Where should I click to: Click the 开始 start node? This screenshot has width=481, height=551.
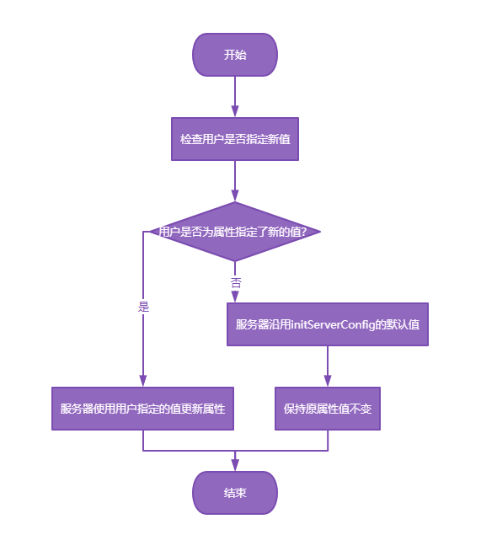(x=235, y=55)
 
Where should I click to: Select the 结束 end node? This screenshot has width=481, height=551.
(x=235, y=493)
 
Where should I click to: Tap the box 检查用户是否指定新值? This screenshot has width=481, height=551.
(x=235, y=139)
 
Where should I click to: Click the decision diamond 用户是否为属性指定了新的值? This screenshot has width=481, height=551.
(x=235, y=232)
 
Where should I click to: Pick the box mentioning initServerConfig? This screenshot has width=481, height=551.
(x=328, y=324)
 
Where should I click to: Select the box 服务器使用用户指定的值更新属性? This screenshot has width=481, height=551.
(x=142, y=409)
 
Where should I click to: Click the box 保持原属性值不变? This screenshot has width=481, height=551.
(x=328, y=409)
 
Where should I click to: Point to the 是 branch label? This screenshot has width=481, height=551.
(x=143, y=307)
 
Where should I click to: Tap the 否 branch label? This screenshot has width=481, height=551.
(x=236, y=283)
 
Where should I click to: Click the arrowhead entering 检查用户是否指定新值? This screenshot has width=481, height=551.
(x=235, y=111)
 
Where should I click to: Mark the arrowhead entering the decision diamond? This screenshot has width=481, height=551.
(x=235, y=195)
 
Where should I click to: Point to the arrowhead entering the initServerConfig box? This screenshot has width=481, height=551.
(x=235, y=297)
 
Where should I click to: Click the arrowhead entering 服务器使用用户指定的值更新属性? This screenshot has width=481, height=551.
(x=142, y=381)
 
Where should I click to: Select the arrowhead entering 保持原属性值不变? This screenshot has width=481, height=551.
(x=328, y=381)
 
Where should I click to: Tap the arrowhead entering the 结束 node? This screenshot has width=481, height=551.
(x=235, y=465)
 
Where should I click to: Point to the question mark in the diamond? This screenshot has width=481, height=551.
(x=304, y=232)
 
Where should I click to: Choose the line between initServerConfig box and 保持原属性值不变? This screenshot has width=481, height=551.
(x=328, y=366)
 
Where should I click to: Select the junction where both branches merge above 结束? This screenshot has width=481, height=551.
(x=235, y=451)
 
